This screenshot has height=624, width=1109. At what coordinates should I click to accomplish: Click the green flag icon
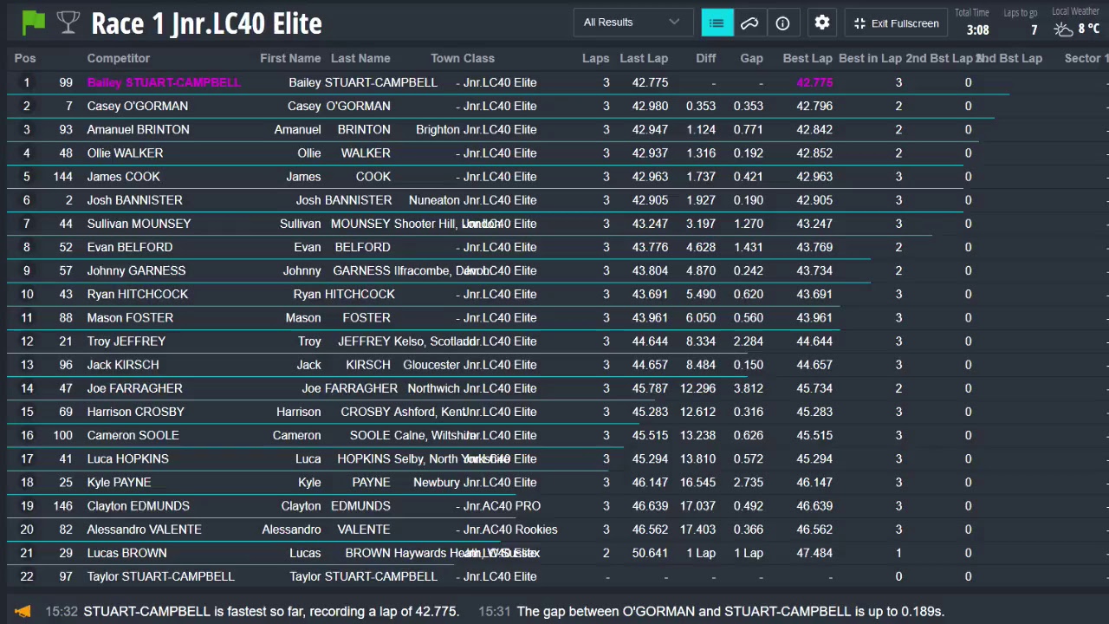(x=34, y=23)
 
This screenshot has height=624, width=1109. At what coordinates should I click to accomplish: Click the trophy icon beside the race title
(x=68, y=23)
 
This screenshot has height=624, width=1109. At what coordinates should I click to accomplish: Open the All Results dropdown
(x=632, y=23)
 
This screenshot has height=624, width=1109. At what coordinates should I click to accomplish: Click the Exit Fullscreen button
(x=896, y=23)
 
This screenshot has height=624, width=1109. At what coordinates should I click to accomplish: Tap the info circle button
(x=782, y=23)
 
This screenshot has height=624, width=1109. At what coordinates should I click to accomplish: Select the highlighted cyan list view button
(x=717, y=23)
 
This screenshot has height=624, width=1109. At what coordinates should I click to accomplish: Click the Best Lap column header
(x=807, y=58)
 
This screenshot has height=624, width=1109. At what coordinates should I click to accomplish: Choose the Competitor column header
(x=119, y=58)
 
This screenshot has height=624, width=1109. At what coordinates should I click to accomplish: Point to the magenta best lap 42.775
(x=814, y=82)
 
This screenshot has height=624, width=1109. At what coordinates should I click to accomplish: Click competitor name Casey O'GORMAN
(x=138, y=106)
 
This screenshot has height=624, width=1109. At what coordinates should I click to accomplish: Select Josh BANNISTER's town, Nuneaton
(x=434, y=200)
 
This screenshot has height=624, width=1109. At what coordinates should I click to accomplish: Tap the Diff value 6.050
(x=701, y=318)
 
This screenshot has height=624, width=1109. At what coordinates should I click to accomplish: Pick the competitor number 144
(x=62, y=177)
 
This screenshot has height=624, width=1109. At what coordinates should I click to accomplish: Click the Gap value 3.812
(x=748, y=388)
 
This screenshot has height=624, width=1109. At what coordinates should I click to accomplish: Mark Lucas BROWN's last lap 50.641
(x=650, y=553)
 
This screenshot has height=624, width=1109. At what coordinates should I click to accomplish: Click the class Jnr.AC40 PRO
(x=502, y=506)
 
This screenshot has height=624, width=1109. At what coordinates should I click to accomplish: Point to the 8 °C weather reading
(x=1088, y=29)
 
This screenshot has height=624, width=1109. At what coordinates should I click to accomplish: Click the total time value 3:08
(x=977, y=30)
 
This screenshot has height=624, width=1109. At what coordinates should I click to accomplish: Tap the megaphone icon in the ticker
(x=23, y=611)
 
